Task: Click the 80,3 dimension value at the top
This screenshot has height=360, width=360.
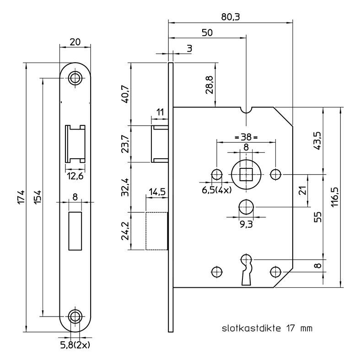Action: [x=230, y=17]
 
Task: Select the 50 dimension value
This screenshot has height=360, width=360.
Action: [x=207, y=33]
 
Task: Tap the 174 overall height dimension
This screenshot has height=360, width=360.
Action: [x=21, y=197]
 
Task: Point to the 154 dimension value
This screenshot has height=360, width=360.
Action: [x=38, y=197]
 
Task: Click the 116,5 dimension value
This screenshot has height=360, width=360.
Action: [x=335, y=197]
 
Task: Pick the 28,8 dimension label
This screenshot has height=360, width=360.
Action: [x=210, y=85]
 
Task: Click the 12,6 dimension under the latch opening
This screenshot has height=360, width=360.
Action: [x=75, y=176]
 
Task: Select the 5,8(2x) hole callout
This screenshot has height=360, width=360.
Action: [x=75, y=345]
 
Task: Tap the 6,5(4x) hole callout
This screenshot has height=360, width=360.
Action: [x=217, y=190]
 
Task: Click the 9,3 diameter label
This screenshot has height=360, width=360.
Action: [x=247, y=224]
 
